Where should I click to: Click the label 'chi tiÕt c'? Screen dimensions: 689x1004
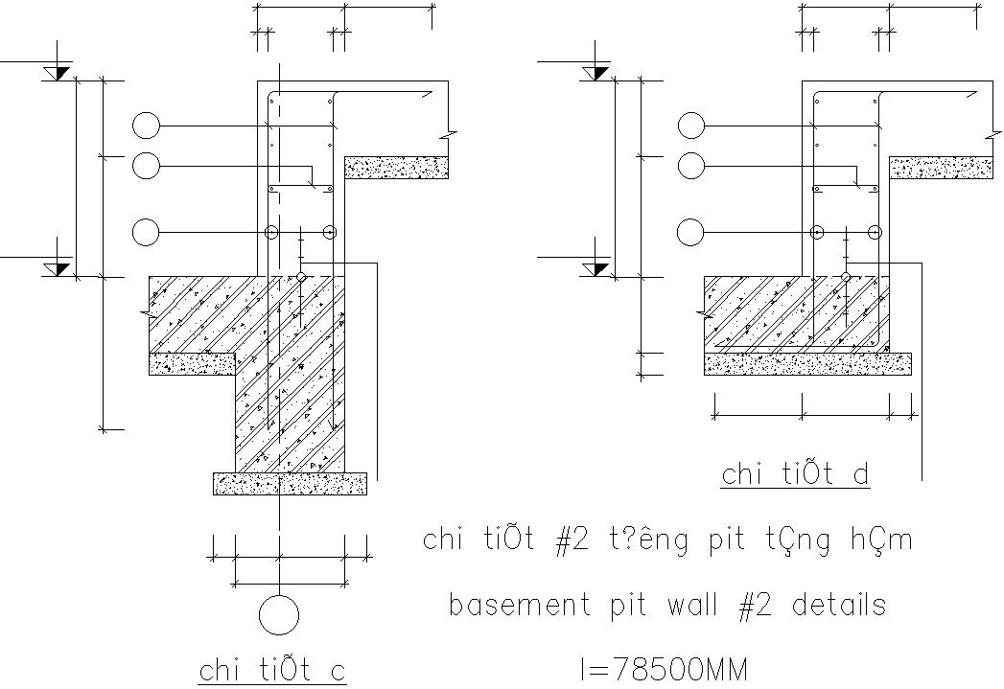tap(271, 670)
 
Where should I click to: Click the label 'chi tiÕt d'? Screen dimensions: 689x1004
tap(795, 474)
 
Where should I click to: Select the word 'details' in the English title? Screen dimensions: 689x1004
tap(835, 606)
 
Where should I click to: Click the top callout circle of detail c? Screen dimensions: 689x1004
tap(147, 126)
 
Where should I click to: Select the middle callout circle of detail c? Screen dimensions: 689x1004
tap(147, 167)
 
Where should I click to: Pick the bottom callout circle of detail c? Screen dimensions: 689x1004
tap(147, 232)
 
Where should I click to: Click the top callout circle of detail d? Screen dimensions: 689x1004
tap(690, 126)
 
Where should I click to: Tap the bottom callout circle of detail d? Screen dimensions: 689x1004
tap(690, 232)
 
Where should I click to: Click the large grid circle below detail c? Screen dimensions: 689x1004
tap(278, 615)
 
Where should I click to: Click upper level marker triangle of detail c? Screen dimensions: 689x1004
tap(58, 73)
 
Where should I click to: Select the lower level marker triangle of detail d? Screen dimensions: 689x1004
tap(601, 267)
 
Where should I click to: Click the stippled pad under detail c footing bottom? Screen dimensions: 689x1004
tap(290, 483)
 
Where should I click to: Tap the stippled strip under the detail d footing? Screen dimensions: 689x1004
tap(807, 362)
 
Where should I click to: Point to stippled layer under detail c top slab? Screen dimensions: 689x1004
tap(396, 168)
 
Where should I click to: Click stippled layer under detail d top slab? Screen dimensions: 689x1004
tap(941, 169)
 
